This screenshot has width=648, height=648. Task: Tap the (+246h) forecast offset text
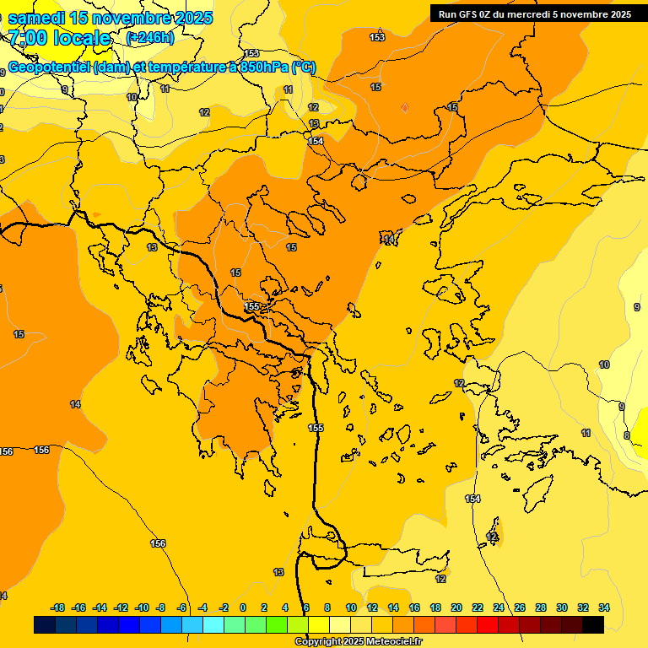coord(150,38)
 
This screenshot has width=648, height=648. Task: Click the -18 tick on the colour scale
coord(58,607)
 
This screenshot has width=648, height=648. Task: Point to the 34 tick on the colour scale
coord(604,607)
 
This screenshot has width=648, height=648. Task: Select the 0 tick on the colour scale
coord(243,607)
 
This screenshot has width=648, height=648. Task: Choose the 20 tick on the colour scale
coord(456,607)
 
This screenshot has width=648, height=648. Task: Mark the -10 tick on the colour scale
coord(142,607)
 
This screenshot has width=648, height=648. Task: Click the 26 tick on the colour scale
coord(520,607)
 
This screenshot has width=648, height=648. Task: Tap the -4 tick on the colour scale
coord(202,607)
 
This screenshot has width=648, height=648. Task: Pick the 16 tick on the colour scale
coord(414,607)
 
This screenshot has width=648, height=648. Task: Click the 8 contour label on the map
coord(626,435)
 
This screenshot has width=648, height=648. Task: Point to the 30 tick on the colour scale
coord(562,607)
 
